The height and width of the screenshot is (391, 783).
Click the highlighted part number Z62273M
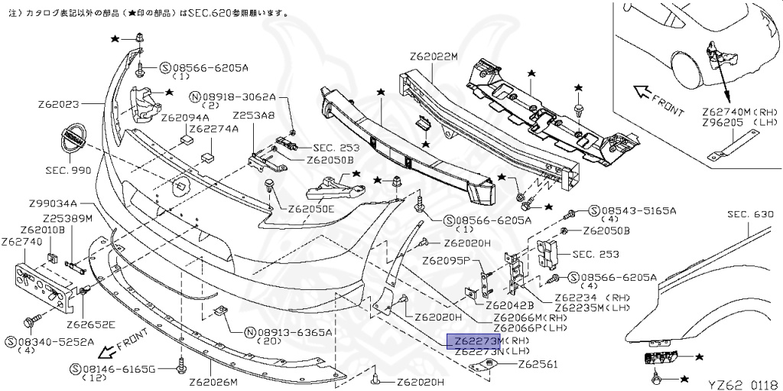click(473, 340)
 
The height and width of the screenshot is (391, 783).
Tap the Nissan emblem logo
click(73, 139)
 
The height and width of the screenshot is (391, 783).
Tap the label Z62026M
click(213, 382)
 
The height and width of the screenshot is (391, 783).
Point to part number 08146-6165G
click(120, 368)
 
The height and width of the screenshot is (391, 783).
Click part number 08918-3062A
click(238, 97)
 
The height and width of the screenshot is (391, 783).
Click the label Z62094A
click(185, 118)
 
